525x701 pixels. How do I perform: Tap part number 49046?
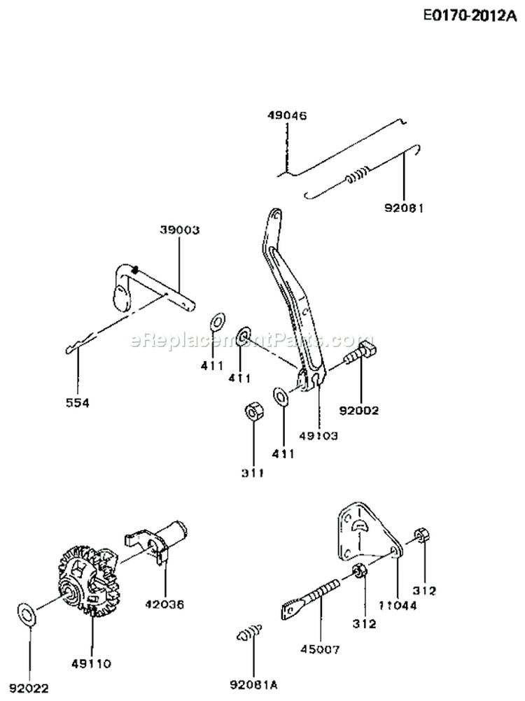pos(286,115)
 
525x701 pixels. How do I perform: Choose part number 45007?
pos(323,649)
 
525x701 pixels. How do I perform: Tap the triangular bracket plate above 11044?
pos(365,532)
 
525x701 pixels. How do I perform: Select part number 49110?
pos(92,663)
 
